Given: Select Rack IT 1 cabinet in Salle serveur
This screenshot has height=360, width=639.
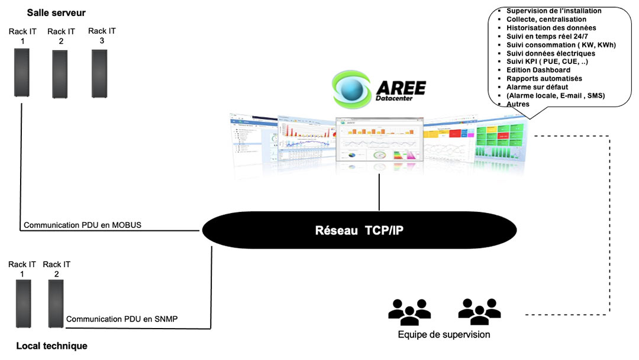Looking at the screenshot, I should (x=22, y=72).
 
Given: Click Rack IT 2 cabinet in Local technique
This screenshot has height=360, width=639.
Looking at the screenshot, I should (x=56, y=303).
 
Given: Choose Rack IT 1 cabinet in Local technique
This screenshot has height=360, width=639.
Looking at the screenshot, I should (x=22, y=303).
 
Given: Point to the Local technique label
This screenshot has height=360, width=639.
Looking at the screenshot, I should (x=51, y=346).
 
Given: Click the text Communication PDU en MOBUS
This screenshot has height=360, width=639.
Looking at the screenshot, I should (x=82, y=225).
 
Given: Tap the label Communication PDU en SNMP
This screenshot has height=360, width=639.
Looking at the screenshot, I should (x=122, y=319).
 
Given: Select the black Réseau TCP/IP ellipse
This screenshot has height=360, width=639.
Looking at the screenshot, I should (x=359, y=230).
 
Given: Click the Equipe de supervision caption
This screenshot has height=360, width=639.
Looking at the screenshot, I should (x=444, y=335).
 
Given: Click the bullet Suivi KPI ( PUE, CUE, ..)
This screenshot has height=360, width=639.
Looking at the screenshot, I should (x=547, y=62).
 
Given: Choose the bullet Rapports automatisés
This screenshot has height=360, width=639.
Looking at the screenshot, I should (x=544, y=79).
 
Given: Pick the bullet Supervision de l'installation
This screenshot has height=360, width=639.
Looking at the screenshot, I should (x=553, y=11).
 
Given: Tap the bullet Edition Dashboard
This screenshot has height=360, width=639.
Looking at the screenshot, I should (x=538, y=70).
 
